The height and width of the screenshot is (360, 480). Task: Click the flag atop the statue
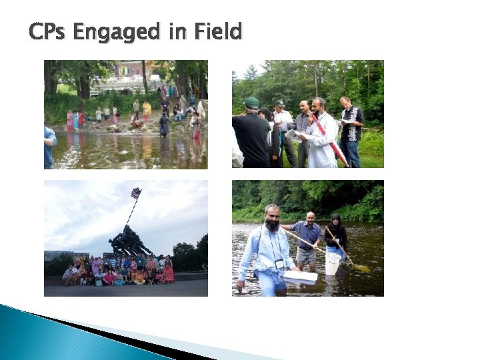136,193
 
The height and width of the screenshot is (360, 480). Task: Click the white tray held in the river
300,275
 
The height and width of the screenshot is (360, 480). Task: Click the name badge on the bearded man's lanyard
280,264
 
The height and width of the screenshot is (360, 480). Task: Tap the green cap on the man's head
251,103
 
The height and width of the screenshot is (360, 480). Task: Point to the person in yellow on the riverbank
147,109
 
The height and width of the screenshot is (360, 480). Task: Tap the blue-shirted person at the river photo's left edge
49,147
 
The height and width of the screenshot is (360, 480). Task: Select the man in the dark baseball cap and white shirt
283,127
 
